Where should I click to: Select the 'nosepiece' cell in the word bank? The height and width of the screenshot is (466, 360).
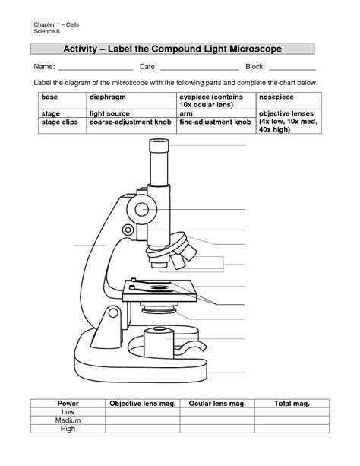(x=276, y=98)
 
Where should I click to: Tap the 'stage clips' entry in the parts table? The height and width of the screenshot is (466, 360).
(x=60, y=122)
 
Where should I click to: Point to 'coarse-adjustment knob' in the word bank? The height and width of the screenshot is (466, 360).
(x=127, y=122)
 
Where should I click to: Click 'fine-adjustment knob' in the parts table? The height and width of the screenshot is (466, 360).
(x=215, y=122)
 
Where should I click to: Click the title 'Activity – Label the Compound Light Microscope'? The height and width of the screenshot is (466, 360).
(x=172, y=49)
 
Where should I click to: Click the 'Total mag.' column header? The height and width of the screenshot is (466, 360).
(x=292, y=403)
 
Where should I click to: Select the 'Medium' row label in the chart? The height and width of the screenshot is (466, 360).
(x=68, y=420)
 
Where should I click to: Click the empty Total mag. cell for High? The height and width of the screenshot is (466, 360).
(x=292, y=430)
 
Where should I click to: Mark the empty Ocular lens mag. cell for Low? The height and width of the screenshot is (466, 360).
(x=216, y=411)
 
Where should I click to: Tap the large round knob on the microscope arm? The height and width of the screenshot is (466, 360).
(x=141, y=208)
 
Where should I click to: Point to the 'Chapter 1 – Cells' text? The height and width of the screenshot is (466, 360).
(x=55, y=26)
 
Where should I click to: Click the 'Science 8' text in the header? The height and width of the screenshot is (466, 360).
(x=46, y=33)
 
